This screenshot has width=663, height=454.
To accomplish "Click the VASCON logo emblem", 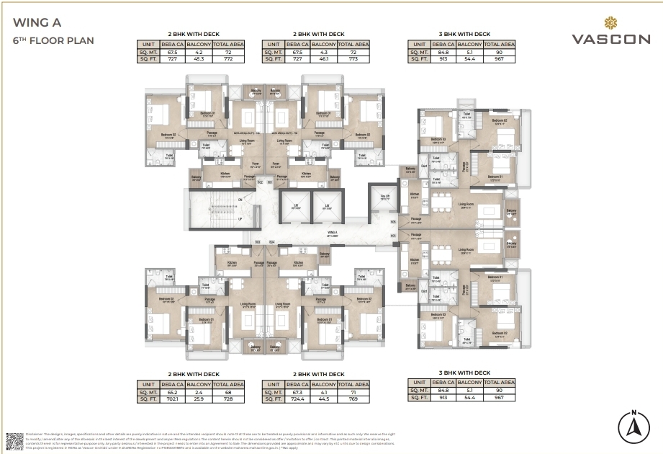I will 613,22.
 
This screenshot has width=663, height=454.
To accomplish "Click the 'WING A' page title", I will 31,22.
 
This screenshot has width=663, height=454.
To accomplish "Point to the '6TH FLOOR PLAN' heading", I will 53,40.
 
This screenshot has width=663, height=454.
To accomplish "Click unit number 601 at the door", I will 269,182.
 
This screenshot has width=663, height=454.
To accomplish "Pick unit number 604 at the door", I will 272,242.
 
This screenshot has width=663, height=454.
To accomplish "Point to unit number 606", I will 393,222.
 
